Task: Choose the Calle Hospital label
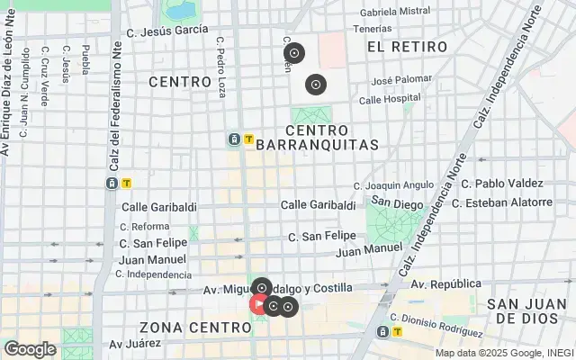click(x=390, y=98)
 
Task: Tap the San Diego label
click(x=397, y=204)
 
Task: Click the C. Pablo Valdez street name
click(x=502, y=184)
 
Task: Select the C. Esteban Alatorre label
click(x=502, y=202)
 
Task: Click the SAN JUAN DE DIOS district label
click(x=526, y=311)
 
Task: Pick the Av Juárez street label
click(x=135, y=343)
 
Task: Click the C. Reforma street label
click(x=144, y=227)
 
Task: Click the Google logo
click(x=30, y=349)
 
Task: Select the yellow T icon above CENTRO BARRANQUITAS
click(x=248, y=139)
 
